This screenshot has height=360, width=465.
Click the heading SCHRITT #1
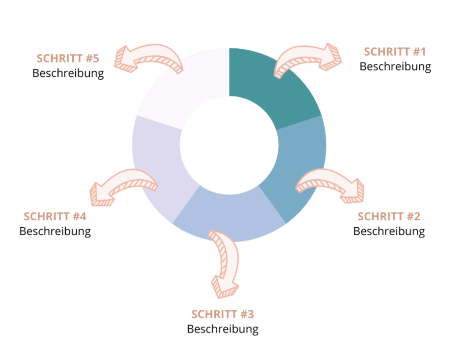(395, 52)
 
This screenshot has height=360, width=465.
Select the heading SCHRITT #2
(389, 216)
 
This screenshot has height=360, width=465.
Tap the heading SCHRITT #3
(222, 314)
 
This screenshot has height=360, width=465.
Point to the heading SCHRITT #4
(55, 216)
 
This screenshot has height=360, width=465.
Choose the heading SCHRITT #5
(68, 59)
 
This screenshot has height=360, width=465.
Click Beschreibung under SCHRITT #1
(395, 66)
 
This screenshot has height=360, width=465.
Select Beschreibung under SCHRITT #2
(389, 231)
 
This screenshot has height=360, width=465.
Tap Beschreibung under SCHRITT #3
(223, 329)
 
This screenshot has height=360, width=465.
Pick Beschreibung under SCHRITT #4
(55, 231)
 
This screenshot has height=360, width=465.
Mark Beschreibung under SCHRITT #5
(68, 73)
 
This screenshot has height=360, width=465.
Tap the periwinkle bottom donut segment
(229, 213)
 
